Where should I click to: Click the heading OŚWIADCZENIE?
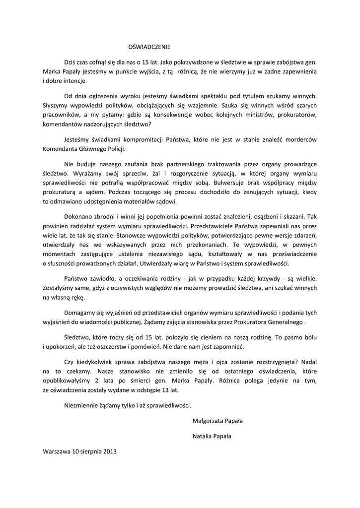point(149,47)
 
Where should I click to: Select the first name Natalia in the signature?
point(203,437)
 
